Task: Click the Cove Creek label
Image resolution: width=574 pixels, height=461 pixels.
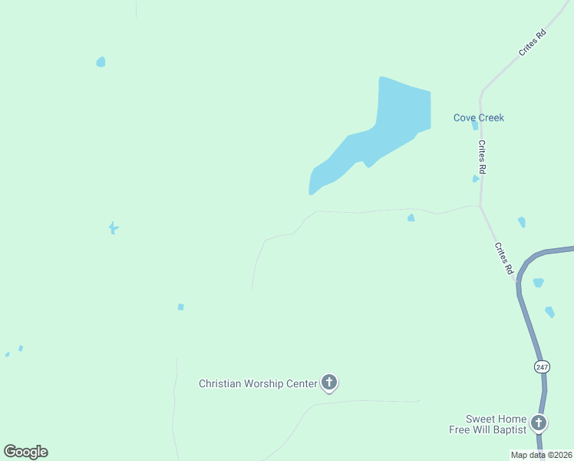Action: pyautogui.click(x=478, y=118)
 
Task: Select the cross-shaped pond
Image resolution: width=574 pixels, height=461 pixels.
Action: pyautogui.click(x=114, y=227)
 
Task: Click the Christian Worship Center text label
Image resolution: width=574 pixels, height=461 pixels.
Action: pyautogui.click(x=257, y=383)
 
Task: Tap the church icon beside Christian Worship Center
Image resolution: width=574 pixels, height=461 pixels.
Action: pyautogui.click(x=329, y=382)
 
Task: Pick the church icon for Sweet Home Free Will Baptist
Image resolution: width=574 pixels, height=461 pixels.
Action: pyautogui.click(x=539, y=423)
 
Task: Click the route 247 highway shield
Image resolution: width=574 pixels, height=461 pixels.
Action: pyautogui.click(x=542, y=367)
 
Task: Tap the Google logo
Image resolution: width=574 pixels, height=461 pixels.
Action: pyautogui.click(x=25, y=452)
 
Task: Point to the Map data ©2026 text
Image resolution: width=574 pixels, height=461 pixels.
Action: pyautogui.click(x=540, y=455)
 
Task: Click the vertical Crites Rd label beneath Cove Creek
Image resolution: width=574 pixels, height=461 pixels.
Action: pyautogui.click(x=483, y=156)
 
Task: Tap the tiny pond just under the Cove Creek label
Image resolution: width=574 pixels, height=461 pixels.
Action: pyautogui.click(x=475, y=125)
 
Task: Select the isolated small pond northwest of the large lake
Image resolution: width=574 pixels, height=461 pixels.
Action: pyautogui.click(x=101, y=61)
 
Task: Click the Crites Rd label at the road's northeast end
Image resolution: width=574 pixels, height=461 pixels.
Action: pyautogui.click(x=531, y=42)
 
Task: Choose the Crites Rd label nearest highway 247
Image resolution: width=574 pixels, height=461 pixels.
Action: pyautogui.click(x=503, y=258)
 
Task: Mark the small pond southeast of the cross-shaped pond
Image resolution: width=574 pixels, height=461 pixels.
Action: pyautogui.click(x=181, y=307)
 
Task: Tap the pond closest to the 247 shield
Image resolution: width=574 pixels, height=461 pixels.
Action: pyautogui.click(x=549, y=312)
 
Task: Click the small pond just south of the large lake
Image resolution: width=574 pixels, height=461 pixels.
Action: pyautogui.click(x=411, y=218)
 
